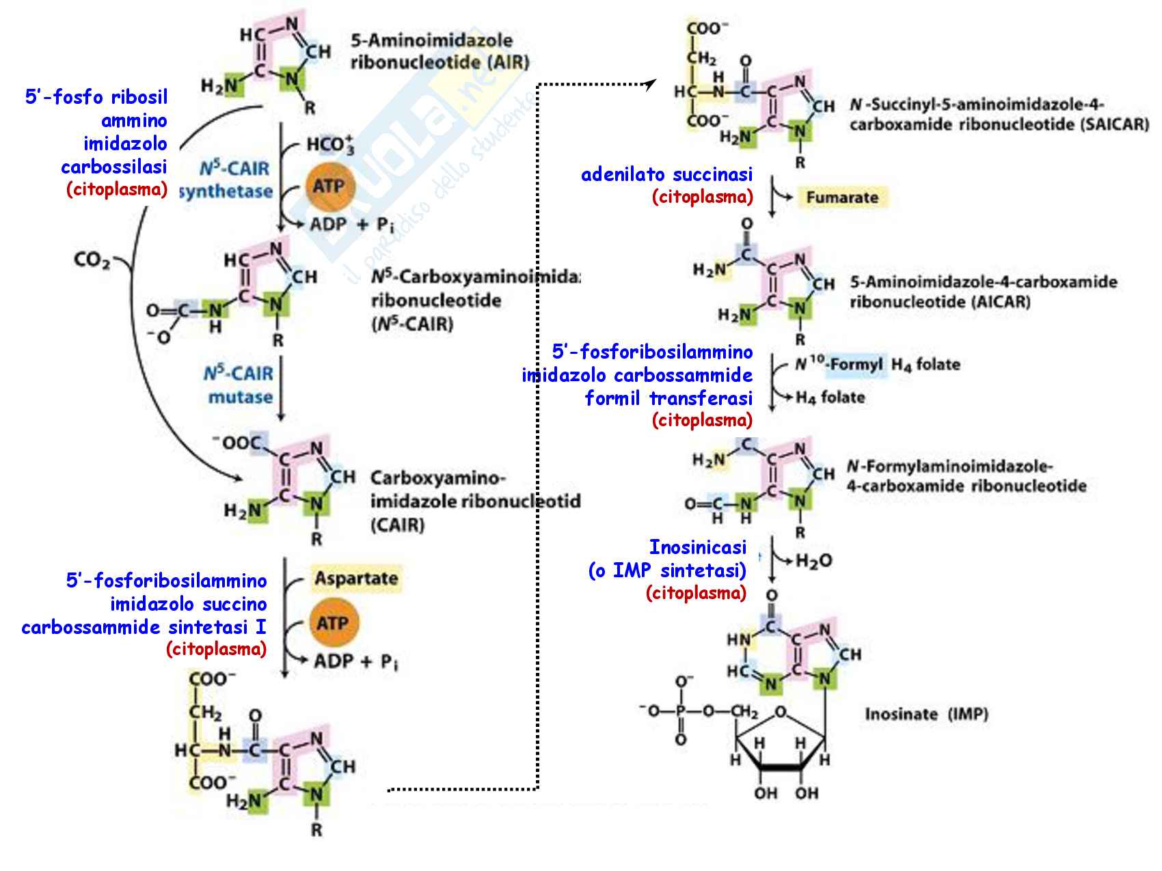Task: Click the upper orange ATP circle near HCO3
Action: [329, 186]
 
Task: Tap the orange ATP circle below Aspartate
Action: [332, 622]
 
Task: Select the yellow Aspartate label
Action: [355, 579]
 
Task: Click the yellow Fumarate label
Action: [841, 197]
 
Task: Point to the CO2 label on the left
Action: [92, 260]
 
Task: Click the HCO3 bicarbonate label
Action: [331, 145]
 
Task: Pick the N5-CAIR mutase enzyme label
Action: [239, 385]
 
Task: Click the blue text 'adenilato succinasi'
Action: [666, 174]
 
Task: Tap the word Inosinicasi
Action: [697, 547]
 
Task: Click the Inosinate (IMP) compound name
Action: [926, 714]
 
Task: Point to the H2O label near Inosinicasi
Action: [813, 561]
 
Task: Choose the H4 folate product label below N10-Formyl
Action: [830, 397]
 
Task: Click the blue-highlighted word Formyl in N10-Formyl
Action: [857, 364]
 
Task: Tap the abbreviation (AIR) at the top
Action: [507, 63]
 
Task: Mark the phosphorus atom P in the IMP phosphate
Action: [681, 711]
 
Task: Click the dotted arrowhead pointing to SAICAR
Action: [650, 83]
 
